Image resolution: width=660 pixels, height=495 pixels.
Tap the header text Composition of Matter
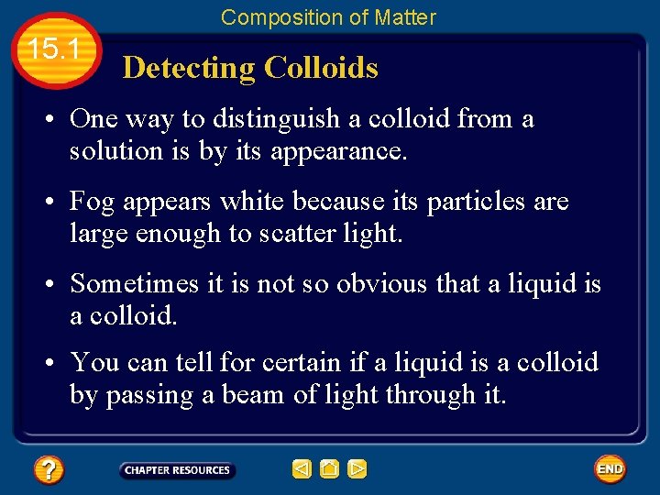328,16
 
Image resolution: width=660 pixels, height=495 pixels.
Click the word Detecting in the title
189,68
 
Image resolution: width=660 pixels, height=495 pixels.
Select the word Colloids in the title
321,68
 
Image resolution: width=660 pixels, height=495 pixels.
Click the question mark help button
48,470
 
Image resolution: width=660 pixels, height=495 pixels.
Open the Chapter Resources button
177,470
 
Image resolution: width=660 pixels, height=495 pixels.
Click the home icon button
330,469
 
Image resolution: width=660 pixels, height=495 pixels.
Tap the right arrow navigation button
357,469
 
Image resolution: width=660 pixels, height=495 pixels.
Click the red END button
610,469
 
